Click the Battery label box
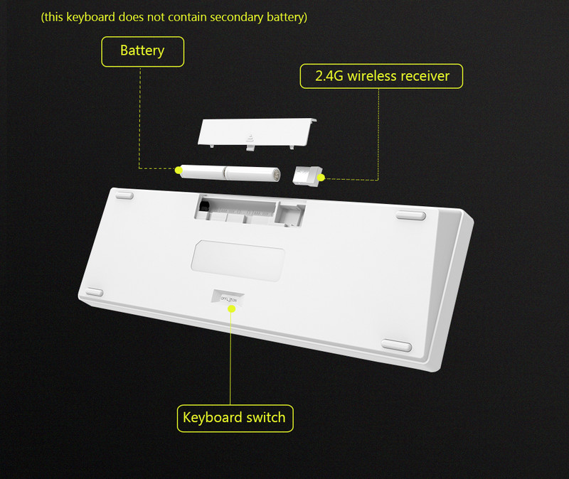(142, 51)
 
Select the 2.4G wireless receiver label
(381, 75)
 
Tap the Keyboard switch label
(234, 417)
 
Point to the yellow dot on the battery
(179, 170)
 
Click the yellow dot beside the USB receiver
(321, 177)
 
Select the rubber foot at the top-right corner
(410, 214)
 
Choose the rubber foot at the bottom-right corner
(396, 346)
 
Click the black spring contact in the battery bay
(205, 207)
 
